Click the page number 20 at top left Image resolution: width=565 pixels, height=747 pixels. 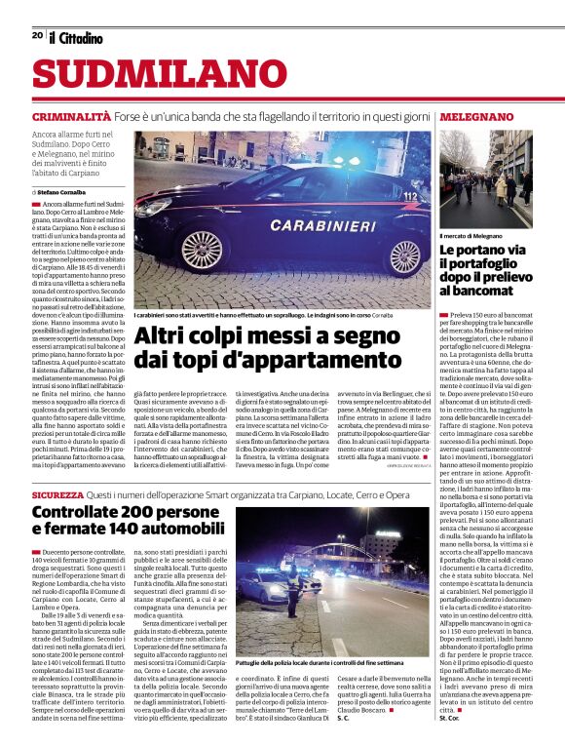(x=37, y=36)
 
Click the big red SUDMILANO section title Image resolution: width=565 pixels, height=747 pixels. (x=149, y=76)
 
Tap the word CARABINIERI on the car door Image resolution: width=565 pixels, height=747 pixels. (x=294, y=222)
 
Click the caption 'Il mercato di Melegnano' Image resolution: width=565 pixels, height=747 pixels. (x=471, y=236)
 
